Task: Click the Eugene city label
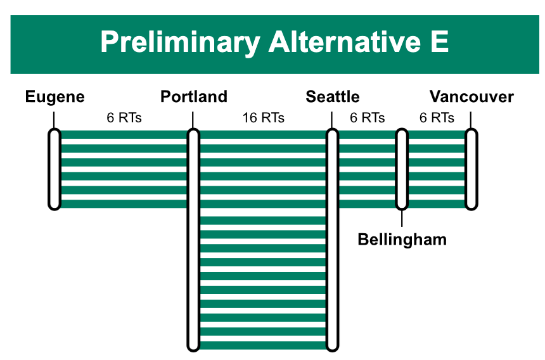click(55, 97)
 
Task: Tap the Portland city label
click(194, 96)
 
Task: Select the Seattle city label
click(333, 96)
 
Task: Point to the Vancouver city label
click(471, 96)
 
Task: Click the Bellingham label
click(402, 240)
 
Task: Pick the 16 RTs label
click(264, 118)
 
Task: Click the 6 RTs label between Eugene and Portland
click(124, 118)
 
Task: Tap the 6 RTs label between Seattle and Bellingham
click(368, 118)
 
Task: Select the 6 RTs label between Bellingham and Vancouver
click(437, 118)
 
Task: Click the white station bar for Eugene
click(54, 169)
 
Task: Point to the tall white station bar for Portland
click(193, 240)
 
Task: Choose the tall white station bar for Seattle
click(332, 240)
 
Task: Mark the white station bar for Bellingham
click(402, 169)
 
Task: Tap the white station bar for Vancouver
click(471, 169)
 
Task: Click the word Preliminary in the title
click(181, 42)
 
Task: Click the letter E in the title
click(439, 41)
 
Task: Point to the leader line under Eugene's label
click(54, 120)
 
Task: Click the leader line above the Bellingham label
click(402, 218)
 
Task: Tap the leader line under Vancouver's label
click(471, 120)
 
